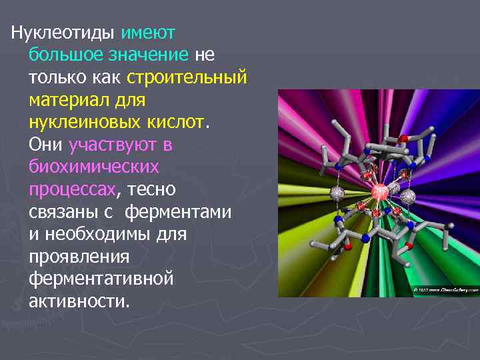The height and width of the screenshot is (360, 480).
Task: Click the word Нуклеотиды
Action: pyautogui.click(x=63, y=32)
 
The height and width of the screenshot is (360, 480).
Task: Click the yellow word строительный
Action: pyautogui.click(x=186, y=77)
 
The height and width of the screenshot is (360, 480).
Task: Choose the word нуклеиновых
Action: pyautogui.click(x=82, y=123)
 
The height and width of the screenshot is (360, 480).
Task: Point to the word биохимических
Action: pyautogui.click(x=94, y=167)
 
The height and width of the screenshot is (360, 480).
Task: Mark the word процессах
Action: pyautogui.click(x=73, y=190)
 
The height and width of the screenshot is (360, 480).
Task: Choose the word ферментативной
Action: pyautogui.click(x=101, y=280)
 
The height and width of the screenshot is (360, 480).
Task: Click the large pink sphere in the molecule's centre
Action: pyautogui.click(x=380, y=193)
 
